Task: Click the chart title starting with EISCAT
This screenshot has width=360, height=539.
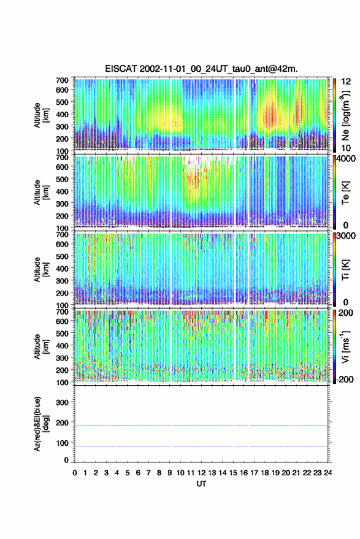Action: [x=201, y=69]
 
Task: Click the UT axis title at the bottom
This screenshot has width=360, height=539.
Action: [x=202, y=484]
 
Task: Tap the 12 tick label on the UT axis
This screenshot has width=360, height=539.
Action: [x=202, y=473]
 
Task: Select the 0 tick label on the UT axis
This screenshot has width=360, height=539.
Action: [x=75, y=473]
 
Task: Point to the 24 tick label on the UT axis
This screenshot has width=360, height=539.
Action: [x=327, y=473]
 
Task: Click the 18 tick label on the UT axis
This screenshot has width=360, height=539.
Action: [x=265, y=473]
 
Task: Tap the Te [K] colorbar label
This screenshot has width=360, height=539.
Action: [x=345, y=193]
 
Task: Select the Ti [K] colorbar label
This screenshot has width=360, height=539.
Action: [x=345, y=270]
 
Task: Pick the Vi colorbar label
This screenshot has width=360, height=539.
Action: [x=345, y=346]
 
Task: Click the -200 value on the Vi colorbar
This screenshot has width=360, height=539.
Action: [x=345, y=379]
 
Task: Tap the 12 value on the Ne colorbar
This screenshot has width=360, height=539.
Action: [x=346, y=82]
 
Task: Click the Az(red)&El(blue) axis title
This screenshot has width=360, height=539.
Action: [x=41, y=424]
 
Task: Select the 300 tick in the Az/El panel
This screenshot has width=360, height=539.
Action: [x=62, y=402]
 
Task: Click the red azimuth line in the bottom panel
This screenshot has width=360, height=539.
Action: [x=201, y=426]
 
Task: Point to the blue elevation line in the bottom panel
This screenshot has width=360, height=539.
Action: [x=201, y=446]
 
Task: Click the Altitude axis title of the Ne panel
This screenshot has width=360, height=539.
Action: [x=41, y=115]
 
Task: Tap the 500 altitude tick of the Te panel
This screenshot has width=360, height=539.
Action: [x=62, y=179]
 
